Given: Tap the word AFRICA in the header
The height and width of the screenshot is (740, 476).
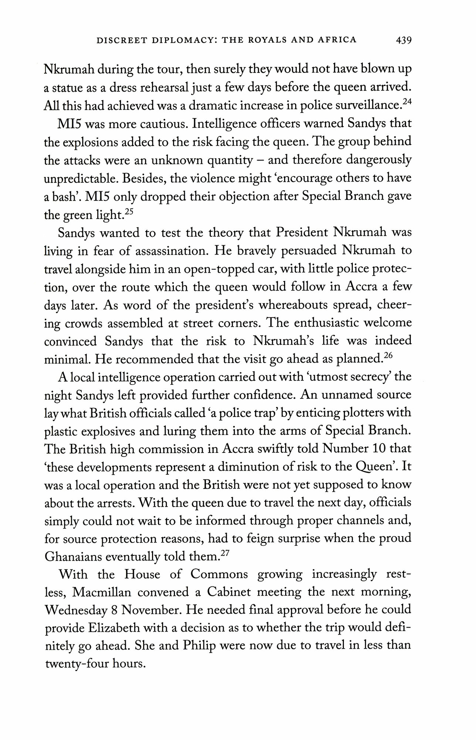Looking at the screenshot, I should tap(334, 40).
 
